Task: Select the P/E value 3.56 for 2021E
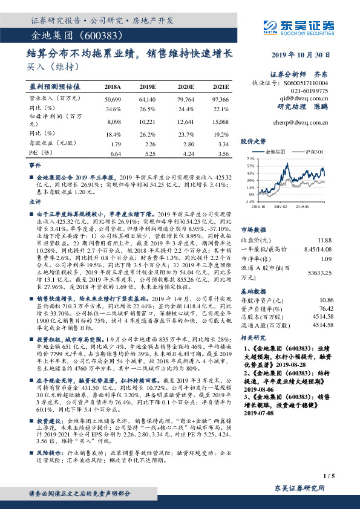click(x=222, y=154)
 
